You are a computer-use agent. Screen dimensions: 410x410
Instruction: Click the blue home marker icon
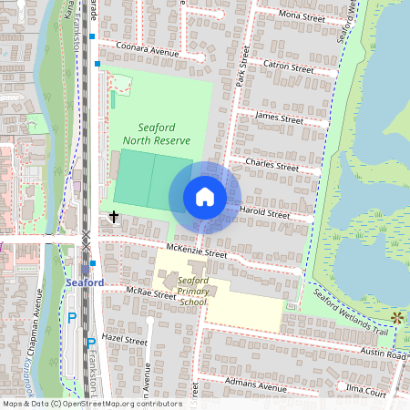tap(205, 197)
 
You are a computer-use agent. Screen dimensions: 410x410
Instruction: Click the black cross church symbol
tap(114, 217)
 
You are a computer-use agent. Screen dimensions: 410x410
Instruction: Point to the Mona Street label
tap(302, 16)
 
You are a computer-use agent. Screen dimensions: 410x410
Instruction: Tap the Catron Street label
tap(288, 66)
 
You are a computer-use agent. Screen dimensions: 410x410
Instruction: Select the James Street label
tap(280, 118)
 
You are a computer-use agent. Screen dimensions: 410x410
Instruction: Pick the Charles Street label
tap(272, 166)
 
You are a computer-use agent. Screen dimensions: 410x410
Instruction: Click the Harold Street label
tap(264, 213)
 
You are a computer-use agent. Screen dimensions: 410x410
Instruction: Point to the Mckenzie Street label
tap(196, 251)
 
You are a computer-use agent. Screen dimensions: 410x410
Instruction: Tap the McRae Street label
tap(151, 294)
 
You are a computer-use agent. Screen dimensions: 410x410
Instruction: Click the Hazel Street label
tap(125, 339)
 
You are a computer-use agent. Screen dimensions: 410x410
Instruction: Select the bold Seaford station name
tap(85, 283)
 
